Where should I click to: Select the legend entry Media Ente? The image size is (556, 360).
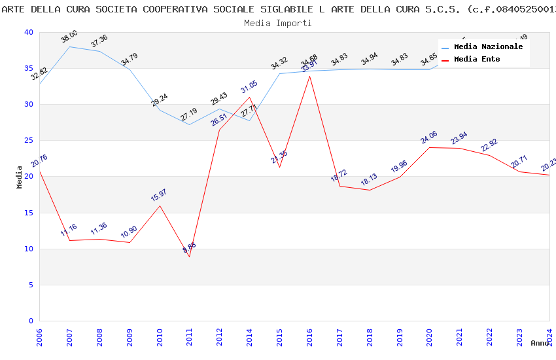tap(477, 59)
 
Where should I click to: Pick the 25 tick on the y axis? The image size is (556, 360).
tap(28, 140)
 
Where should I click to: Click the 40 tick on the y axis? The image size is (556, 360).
tap(28, 32)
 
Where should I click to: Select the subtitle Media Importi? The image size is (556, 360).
tap(277, 23)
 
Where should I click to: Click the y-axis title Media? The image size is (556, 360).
tap(20, 177)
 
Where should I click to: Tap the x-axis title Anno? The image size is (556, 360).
tap(540, 343)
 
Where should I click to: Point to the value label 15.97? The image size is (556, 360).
tap(159, 195)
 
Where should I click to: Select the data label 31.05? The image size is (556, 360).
tap(249, 87)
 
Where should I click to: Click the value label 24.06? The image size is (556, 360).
tap(429, 137)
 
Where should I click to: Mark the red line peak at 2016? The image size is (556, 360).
tap(309, 76)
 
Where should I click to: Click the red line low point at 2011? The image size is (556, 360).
tap(190, 257)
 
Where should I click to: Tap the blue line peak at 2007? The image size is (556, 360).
tap(69, 46)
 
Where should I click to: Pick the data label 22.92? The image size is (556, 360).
tap(489, 145)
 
